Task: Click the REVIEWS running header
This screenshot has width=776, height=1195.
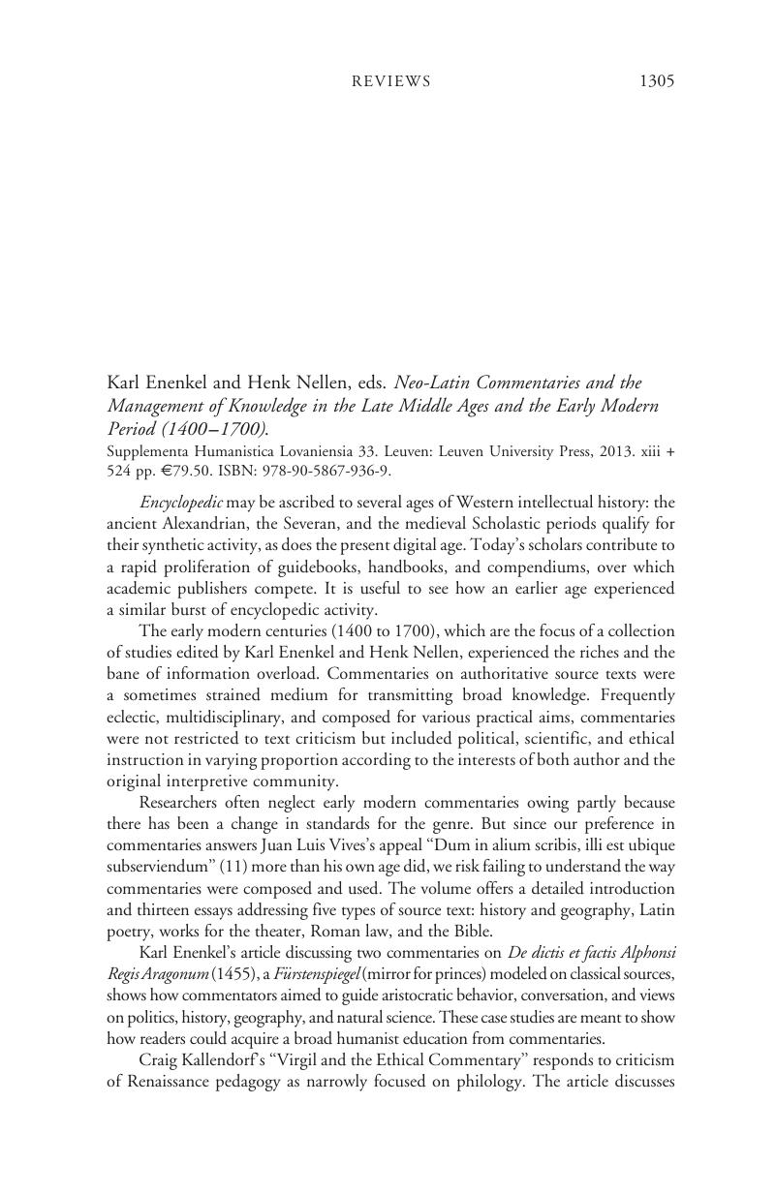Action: tap(390, 81)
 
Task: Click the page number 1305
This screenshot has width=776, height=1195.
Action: tap(656, 81)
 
